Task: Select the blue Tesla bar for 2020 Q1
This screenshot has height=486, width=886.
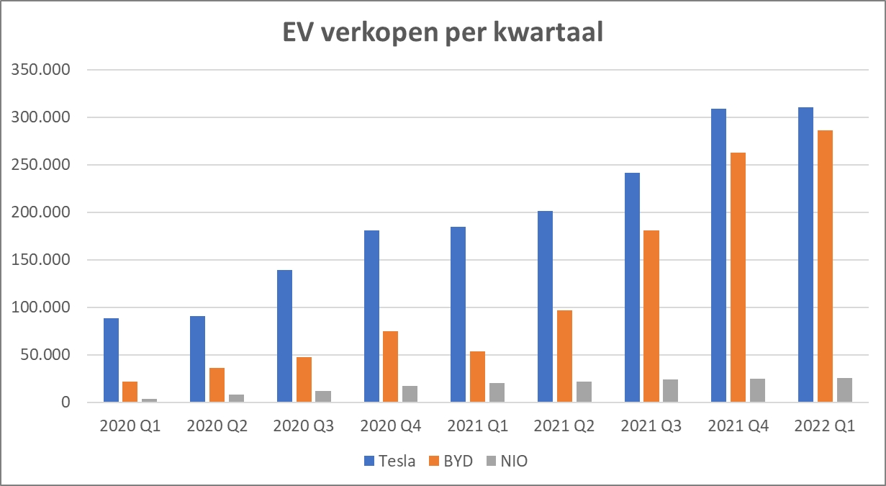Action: point(111,360)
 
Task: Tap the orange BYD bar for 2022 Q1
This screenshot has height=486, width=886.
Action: point(825,266)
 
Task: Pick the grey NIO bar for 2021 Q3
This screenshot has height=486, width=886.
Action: point(670,391)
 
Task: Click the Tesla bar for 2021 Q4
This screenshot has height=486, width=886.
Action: point(718,256)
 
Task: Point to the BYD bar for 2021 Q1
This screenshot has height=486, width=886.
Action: point(477,377)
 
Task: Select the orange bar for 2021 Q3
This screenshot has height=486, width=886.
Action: point(651,317)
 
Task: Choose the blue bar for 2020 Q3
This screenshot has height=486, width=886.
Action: point(284,336)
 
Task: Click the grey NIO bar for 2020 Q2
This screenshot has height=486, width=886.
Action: point(236,398)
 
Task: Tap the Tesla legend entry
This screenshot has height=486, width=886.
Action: point(389,462)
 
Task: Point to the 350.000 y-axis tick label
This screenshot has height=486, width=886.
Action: point(44,70)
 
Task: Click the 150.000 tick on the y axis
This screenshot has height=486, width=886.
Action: point(44,260)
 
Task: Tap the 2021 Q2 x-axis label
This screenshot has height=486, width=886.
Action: point(564,426)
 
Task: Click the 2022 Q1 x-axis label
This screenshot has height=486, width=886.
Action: point(825,426)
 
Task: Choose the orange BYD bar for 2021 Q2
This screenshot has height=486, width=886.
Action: point(564,356)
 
